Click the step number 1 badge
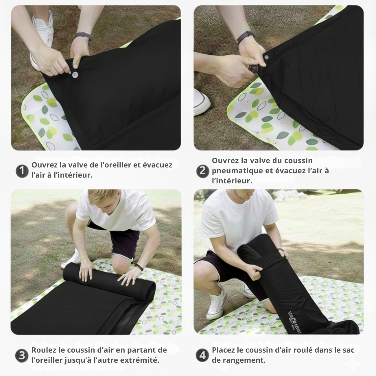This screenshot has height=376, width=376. click(22, 171)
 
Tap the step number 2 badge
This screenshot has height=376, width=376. click(202, 171)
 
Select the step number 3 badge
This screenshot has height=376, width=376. click(22, 355)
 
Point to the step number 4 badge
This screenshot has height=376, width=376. click(202, 355)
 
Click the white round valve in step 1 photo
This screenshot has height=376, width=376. click(76, 75)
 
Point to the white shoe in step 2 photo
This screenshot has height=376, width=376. click(202, 102)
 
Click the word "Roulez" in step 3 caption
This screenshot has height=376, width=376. click(44, 350)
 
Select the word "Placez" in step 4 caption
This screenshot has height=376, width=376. click(223, 350)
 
